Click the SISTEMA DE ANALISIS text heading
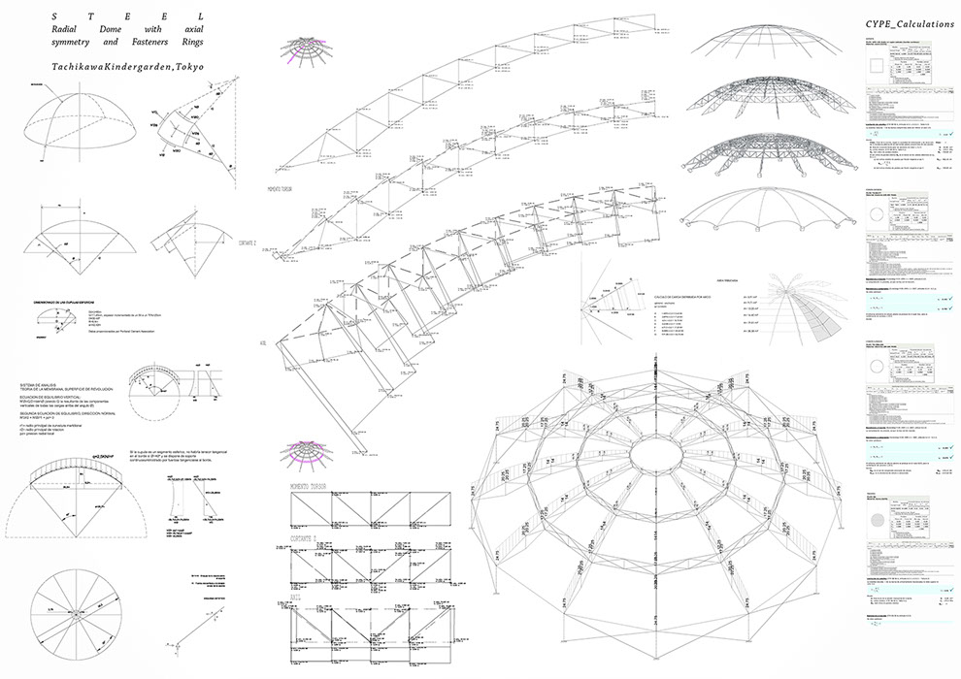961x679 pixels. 44,385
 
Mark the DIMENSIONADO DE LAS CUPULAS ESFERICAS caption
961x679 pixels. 72,302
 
